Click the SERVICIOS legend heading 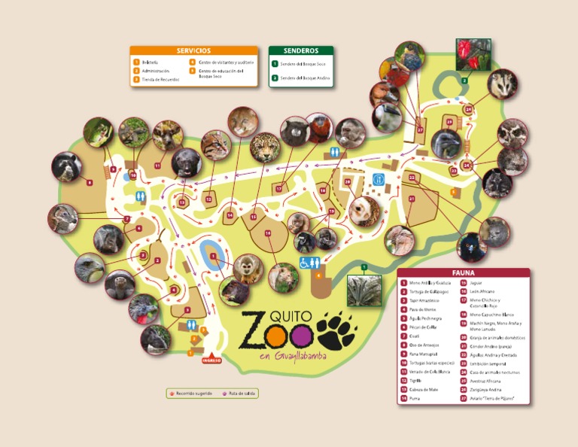pos(193,50)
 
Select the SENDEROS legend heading pos(301,50)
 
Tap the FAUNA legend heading pos(463,273)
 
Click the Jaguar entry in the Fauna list pos(475,282)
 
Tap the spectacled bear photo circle pos(66,166)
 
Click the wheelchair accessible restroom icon pos(307,263)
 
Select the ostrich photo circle pos(399,241)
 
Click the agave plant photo pos(364,291)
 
